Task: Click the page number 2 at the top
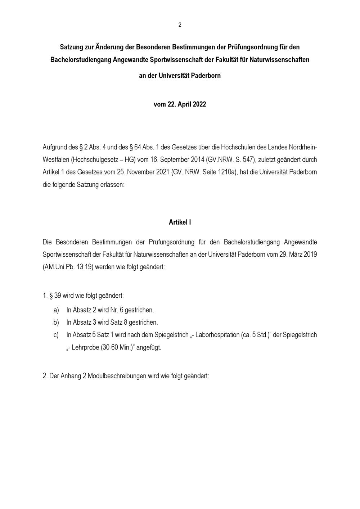(x=180, y=25)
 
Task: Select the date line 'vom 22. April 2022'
(x=180, y=104)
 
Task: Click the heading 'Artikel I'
(x=180, y=222)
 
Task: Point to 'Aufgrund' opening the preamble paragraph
(x=55, y=147)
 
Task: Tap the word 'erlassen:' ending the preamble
(x=112, y=185)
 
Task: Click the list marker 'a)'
(x=56, y=310)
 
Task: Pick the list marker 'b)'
(x=56, y=322)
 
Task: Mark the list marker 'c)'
(x=56, y=335)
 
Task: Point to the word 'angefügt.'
(x=149, y=348)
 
